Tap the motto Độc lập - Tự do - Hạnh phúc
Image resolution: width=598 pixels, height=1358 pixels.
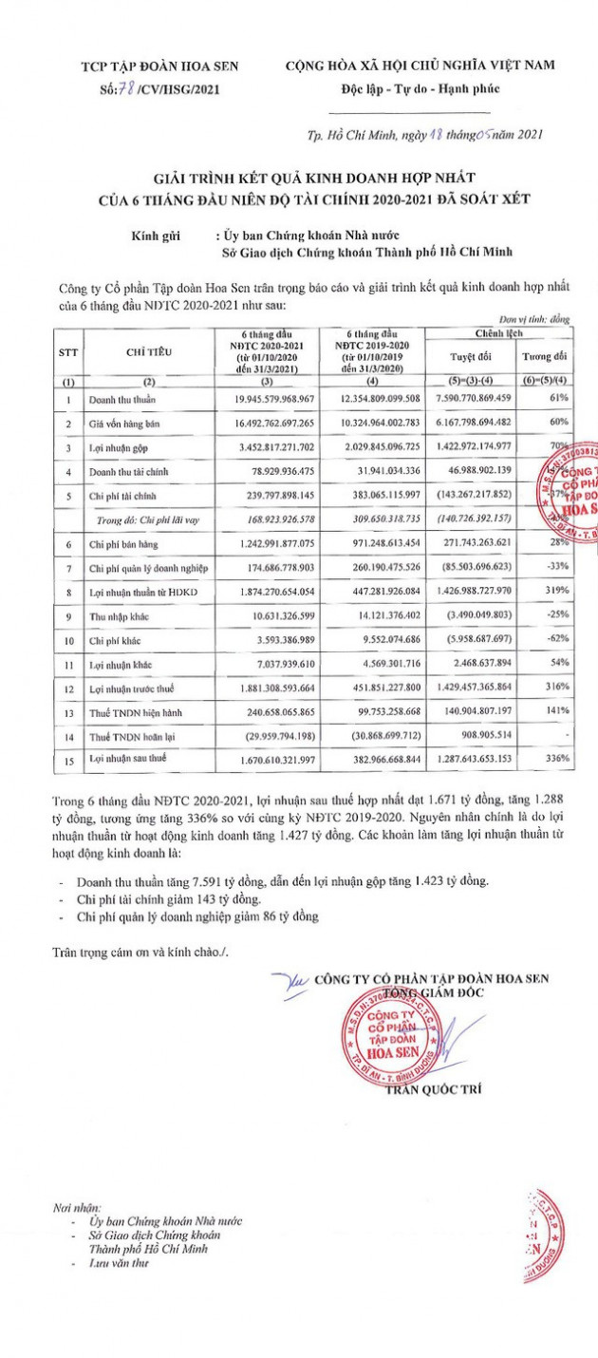point(416,89)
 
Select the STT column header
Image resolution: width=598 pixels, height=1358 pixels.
point(68,351)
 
